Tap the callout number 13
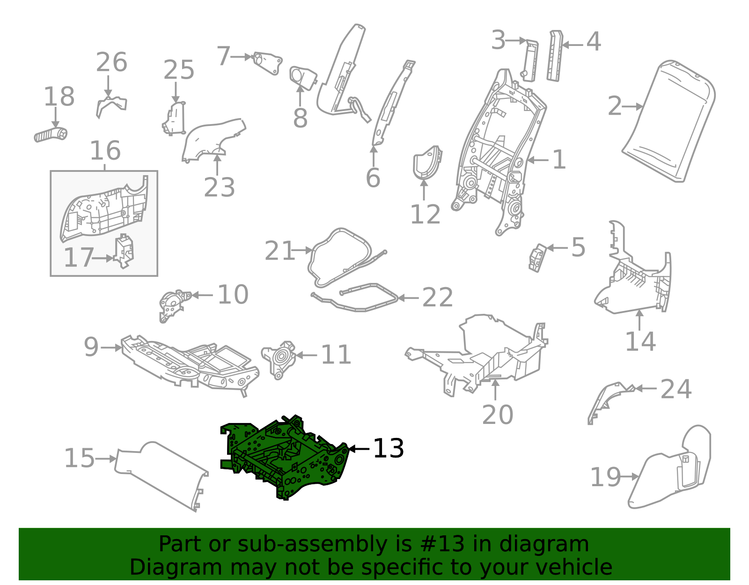tap(388, 448)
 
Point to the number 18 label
tap(59, 97)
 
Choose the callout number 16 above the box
tap(105, 151)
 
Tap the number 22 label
tap(438, 297)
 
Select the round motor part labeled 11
tap(279, 358)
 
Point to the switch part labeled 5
tap(537, 257)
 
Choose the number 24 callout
tap(676, 389)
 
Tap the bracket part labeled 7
tap(268, 63)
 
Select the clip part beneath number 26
tap(111, 106)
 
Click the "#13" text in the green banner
tap(442, 544)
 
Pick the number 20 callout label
tap(497, 415)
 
